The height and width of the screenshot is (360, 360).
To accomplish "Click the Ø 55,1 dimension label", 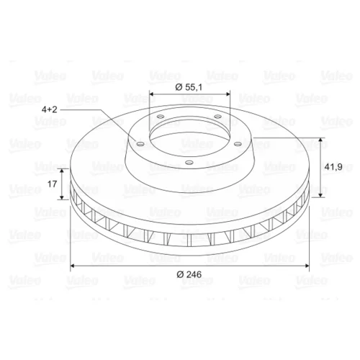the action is click(189, 87).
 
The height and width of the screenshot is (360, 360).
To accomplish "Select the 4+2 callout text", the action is click(50, 109).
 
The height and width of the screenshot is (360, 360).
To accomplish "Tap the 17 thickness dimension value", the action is click(53, 184).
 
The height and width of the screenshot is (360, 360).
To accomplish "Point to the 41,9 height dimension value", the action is click(333, 167).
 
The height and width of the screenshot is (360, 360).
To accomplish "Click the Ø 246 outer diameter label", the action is click(189, 274).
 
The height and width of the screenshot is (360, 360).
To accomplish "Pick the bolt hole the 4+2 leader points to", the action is click(140, 144).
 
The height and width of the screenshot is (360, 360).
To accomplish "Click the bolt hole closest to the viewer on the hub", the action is click(189, 163).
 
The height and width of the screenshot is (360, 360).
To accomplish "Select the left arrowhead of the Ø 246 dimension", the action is click(73, 266).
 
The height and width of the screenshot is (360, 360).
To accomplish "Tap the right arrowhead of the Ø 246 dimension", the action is click(306, 266).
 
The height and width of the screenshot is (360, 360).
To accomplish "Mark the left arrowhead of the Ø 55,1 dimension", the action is click(152, 95).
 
